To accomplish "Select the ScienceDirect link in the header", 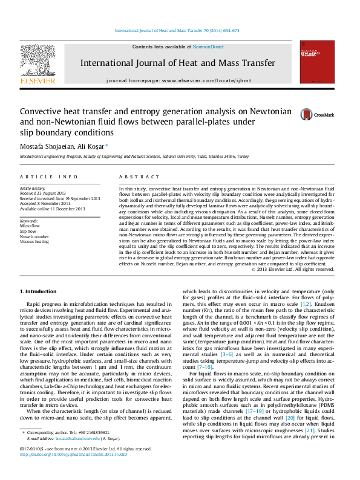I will point(208,47).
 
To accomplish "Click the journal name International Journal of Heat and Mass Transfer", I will point(178,62).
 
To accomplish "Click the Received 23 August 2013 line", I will point(44,193).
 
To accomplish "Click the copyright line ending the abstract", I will point(292,270).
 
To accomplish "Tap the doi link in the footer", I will point(70,470).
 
